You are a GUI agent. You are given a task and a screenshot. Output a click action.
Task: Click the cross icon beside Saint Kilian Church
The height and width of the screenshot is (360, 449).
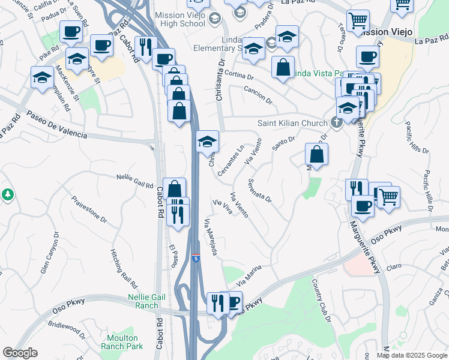(x=337, y=123)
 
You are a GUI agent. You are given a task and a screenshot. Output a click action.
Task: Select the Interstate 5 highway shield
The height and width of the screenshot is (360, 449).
(x=196, y=257)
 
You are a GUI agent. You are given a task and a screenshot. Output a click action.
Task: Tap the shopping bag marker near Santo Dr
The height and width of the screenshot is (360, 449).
(x=316, y=155)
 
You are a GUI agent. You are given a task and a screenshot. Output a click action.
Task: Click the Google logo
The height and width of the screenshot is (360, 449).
(x=20, y=353)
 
